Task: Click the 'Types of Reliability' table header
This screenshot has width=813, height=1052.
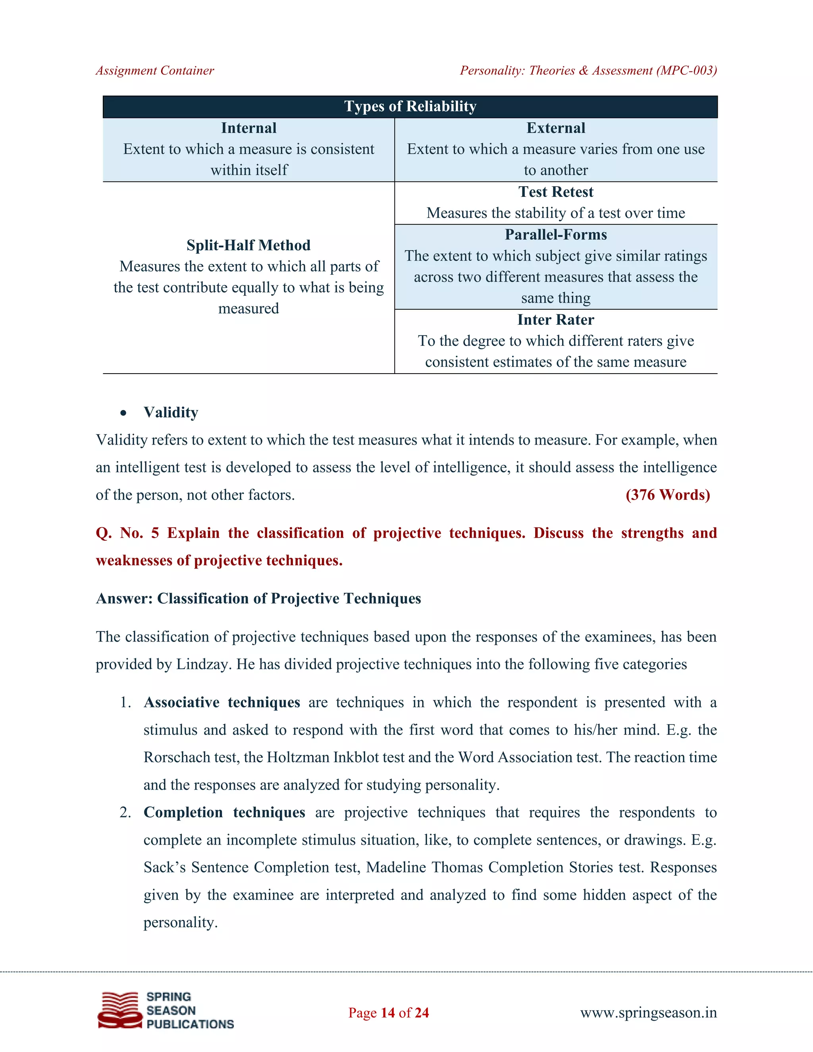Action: coord(410,106)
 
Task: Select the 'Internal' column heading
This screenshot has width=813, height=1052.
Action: coord(249,128)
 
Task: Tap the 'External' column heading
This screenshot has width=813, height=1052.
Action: coord(556,128)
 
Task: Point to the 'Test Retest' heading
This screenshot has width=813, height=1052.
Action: coord(556,192)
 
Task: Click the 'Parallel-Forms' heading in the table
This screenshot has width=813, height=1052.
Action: coord(556,235)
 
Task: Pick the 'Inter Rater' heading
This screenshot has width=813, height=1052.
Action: coord(556,320)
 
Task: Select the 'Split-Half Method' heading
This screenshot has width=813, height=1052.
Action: coord(249,245)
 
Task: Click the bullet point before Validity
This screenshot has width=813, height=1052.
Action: coord(124,413)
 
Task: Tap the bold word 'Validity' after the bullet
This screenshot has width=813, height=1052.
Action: coord(171,412)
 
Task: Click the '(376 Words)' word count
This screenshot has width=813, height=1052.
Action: coord(668,495)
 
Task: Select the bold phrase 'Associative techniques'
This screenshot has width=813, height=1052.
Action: coord(222,702)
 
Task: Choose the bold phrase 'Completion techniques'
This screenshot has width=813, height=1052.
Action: coord(224,812)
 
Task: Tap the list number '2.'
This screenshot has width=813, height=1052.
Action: coord(125,813)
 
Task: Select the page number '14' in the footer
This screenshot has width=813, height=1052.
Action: coord(388,1013)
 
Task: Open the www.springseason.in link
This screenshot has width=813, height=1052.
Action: coord(648,1013)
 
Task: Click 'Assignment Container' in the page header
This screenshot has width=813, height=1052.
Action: coord(154,71)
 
